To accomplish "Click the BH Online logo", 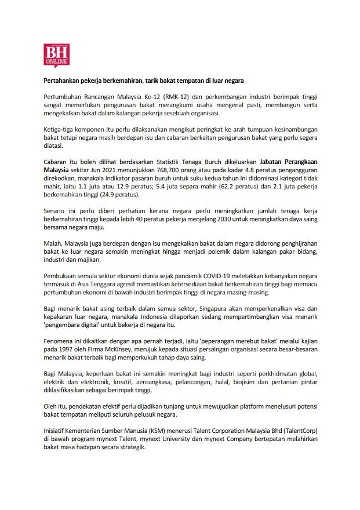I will click(x=57, y=56).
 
